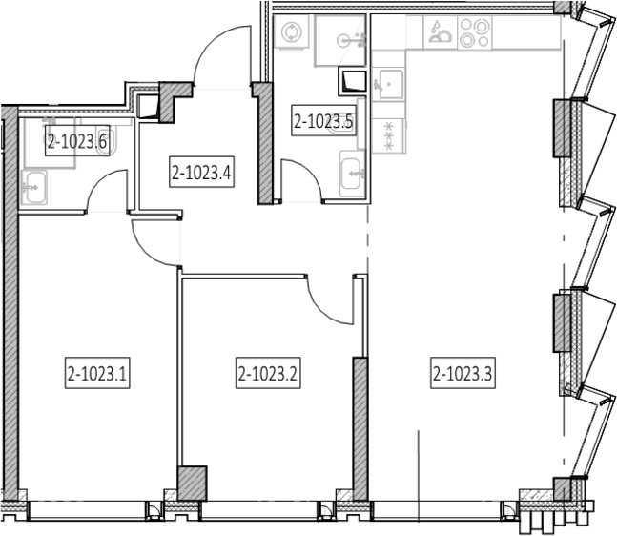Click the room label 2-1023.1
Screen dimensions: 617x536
[x=97, y=373]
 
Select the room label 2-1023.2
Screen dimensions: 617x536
[x=268, y=373]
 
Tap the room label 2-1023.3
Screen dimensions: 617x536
[x=463, y=373]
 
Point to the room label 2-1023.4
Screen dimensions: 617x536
[x=202, y=172]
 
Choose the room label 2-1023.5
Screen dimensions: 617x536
[x=324, y=120]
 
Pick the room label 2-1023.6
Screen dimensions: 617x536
[x=77, y=140]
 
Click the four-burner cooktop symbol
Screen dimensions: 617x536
[x=475, y=32]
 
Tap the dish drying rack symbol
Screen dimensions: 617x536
[x=441, y=32]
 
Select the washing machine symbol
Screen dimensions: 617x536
[x=292, y=31]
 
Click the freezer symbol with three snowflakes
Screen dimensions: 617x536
[x=389, y=136]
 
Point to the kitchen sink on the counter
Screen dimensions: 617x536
[x=388, y=84]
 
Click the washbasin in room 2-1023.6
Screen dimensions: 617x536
[x=33, y=187]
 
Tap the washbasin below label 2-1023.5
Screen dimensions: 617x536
[x=353, y=174]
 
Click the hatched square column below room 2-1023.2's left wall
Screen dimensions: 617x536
[x=192, y=484]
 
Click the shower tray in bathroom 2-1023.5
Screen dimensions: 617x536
[x=340, y=41]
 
